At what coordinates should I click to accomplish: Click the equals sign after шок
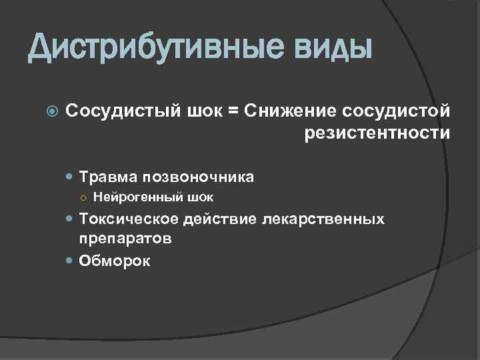point(233,109)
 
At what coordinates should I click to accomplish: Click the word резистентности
point(377,134)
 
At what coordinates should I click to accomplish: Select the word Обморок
point(115,261)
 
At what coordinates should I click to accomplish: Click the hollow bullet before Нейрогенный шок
point(85,197)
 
